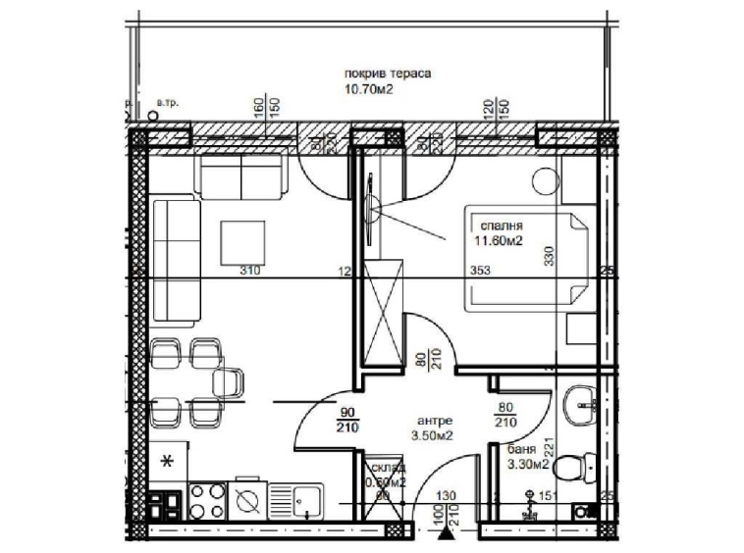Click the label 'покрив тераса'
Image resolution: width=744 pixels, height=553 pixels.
point(389,74)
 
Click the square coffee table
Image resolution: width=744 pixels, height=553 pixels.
point(242,241)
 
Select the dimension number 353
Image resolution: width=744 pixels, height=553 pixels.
point(480,272)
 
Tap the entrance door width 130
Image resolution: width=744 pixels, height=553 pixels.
point(450,497)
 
